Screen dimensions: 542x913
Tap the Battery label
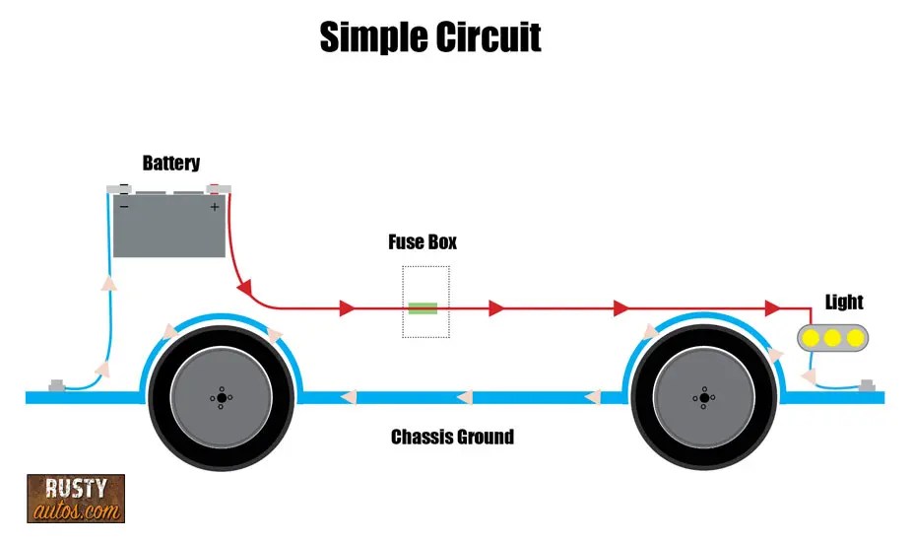(x=170, y=164)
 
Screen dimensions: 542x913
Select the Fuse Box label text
(x=424, y=242)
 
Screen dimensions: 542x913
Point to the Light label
(x=845, y=303)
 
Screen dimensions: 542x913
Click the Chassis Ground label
(x=452, y=437)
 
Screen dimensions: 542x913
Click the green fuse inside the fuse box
(x=424, y=308)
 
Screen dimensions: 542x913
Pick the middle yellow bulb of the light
(x=832, y=338)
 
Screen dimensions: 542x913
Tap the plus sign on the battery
(x=214, y=207)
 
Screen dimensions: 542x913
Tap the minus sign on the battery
(x=125, y=207)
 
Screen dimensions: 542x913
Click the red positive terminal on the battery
(x=212, y=188)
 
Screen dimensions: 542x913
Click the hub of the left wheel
(x=221, y=398)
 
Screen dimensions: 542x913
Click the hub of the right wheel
(x=700, y=398)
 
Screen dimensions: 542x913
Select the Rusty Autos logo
(x=76, y=498)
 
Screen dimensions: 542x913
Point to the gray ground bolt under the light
(x=868, y=384)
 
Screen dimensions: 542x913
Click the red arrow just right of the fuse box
(x=496, y=308)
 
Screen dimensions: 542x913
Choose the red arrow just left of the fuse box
(x=347, y=308)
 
